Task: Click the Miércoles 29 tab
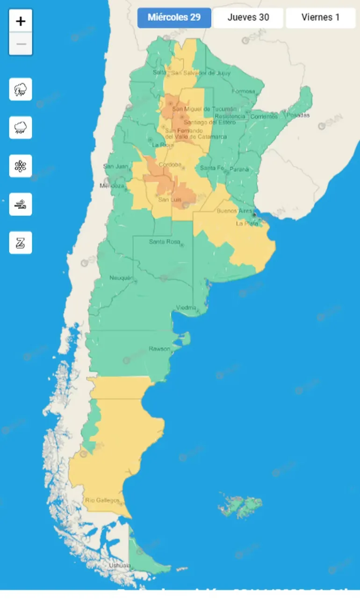(174, 18)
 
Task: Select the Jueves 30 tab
(248, 18)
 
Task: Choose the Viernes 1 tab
(320, 18)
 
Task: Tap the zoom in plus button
(21, 21)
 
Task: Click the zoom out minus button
(21, 44)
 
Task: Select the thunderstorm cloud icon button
(21, 89)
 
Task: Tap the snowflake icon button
(21, 166)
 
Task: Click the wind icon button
(21, 204)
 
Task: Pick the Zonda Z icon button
(21, 243)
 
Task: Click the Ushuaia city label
(120, 565)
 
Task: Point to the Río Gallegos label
(102, 500)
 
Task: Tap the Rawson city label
(159, 349)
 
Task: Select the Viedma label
(186, 307)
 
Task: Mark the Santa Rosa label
(164, 242)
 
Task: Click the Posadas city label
(298, 115)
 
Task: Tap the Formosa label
(243, 91)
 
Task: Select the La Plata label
(246, 223)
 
